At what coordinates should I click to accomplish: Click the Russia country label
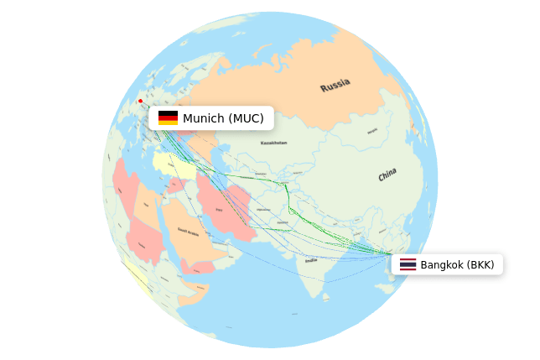pyautogui.click(x=335, y=85)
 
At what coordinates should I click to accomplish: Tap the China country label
pyautogui.click(x=387, y=175)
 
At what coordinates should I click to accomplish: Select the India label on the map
pyautogui.click(x=312, y=260)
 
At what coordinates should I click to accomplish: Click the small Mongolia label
pyautogui.click(x=371, y=130)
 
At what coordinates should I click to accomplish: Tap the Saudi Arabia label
pyautogui.click(x=188, y=231)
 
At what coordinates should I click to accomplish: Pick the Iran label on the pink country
pyautogui.click(x=220, y=209)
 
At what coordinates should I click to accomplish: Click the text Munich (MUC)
pyautogui.click(x=223, y=118)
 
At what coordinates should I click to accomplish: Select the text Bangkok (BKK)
pyautogui.click(x=457, y=265)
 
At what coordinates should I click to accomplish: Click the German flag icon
pyautogui.click(x=168, y=118)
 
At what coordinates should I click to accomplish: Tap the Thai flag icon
pyautogui.click(x=408, y=265)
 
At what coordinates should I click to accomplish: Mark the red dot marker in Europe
pyautogui.click(x=140, y=102)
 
